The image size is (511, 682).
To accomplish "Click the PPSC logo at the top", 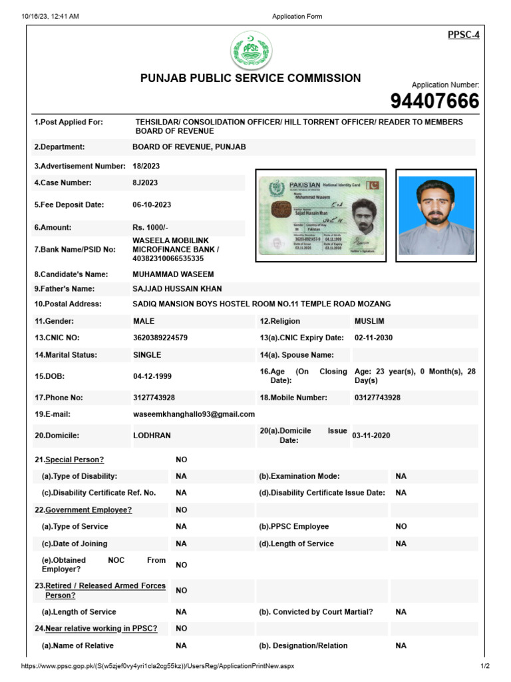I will pos(251,51).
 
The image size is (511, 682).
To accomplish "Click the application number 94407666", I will pos(434,101).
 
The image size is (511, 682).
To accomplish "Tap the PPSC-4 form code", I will pos(463,35).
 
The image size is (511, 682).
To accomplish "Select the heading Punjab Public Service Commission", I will pos(250,78).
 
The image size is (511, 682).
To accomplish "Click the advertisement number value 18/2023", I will pos(146,166).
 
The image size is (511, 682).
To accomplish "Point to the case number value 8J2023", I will pos(145,182).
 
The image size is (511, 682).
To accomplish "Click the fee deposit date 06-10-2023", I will pos(152,205).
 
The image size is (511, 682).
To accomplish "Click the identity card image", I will pos(321,216).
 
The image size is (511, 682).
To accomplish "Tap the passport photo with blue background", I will pos(436,215).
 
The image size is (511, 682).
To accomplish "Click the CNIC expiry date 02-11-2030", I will pos(373,338).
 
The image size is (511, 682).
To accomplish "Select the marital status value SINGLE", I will pos(147,355).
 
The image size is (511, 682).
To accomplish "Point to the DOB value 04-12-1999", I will pos(152,376).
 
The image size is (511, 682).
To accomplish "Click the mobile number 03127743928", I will pos(377,398).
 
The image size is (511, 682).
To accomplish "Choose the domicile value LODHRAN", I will pos(152,435).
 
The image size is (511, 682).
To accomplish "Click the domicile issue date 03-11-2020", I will pos(371,436).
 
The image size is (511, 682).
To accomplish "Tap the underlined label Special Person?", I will pos(74,460).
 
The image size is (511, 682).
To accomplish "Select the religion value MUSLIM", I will pos(369,321).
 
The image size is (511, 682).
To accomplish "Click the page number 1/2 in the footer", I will pos(484,666).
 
